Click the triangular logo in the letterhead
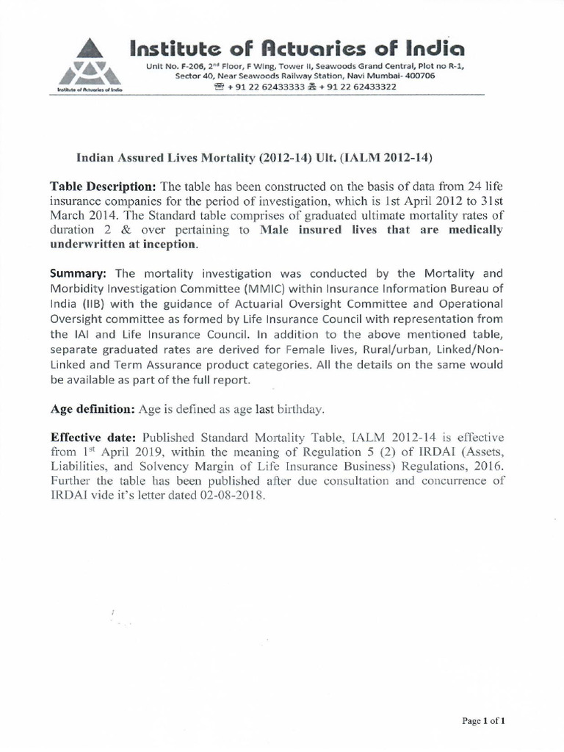click(87, 65)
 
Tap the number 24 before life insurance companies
click(460, 184)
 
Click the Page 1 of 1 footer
click(482, 721)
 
